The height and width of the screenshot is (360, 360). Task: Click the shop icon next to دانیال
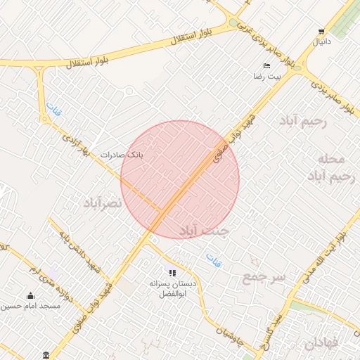pyautogui.click(x=321, y=32)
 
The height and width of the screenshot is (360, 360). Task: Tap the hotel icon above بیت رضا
pyautogui.click(x=266, y=65)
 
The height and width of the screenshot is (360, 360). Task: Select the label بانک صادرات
pyautogui.click(x=121, y=154)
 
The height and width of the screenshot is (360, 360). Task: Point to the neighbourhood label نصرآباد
pyautogui.click(x=103, y=202)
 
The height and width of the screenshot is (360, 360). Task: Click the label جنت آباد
pyautogui.click(x=204, y=229)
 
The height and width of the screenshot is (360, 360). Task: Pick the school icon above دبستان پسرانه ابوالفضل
pyautogui.click(x=172, y=272)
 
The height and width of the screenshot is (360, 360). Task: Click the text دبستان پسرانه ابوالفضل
pyautogui.click(x=172, y=288)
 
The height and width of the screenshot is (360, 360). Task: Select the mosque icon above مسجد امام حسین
pyautogui.click(x=30, y=295)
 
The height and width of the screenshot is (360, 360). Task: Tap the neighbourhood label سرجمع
pyautogui.click(x=264, y=276)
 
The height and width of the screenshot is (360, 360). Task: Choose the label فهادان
pyautogui.click(x=322, y=344)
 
